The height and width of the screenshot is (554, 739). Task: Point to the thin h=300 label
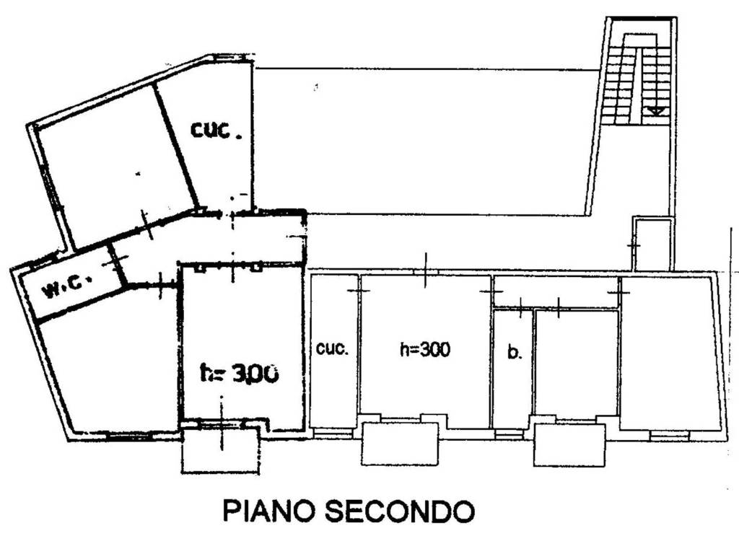pyautogui.click(x=425, y=350)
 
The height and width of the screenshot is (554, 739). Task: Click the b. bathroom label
pyautogui.click(x=514, y=353)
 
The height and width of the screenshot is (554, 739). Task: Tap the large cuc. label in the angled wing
pyautogui.click(x=215, y=131)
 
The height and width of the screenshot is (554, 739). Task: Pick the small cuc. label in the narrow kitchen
pyautogui.click(x=333, y=348)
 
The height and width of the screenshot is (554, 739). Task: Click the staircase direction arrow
pyautogui.click(x=656, y=110)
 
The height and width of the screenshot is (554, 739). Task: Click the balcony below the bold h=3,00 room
pyautogui.click(x=220, y=451)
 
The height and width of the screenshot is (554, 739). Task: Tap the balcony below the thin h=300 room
pyautogui.click(x=400, y=444)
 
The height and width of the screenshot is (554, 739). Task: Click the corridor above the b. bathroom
pyautogui.click(x=556, y=291)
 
